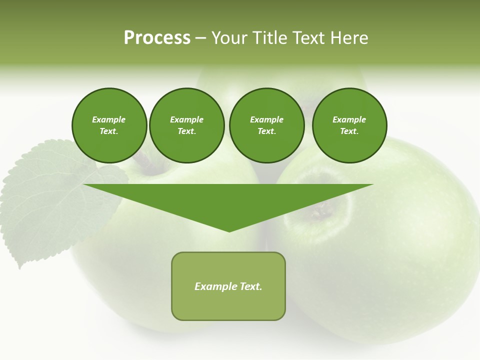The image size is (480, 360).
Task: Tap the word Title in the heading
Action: (x=268, y=38)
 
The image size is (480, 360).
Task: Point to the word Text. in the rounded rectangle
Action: (x=250, y=286)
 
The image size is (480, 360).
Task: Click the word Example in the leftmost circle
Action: (x=109, y=119)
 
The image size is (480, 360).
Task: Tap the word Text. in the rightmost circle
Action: (x=349, y=131)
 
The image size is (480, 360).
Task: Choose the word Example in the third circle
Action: (x=266, y=119)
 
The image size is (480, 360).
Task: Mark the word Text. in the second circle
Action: (x=187, y=131)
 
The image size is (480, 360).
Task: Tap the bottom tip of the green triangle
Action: (x=229, y=230)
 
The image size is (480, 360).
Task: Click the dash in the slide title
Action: (x=201, y=38)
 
